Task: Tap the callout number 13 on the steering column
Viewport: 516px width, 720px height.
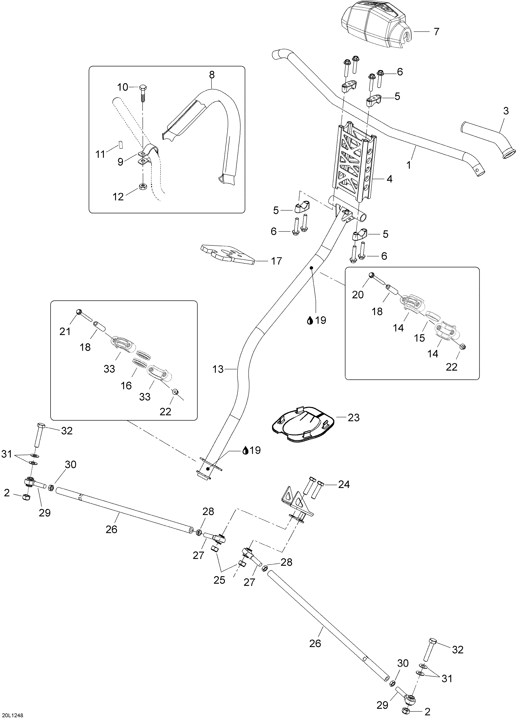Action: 218,369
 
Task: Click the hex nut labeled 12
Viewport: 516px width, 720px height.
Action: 143,186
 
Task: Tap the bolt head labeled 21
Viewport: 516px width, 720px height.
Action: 79,312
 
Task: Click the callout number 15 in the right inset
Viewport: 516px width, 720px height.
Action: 419,338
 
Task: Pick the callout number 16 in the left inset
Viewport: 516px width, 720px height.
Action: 126,385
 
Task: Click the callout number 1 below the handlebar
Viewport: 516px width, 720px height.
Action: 409,165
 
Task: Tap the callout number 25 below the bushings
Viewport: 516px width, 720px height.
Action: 219,580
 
